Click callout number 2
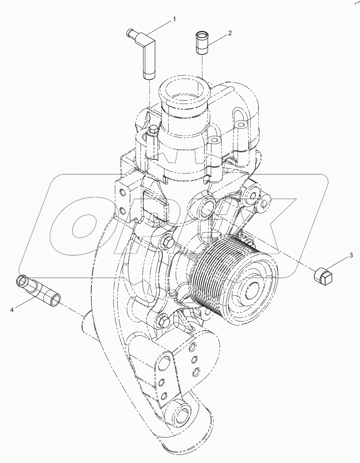point(229,33)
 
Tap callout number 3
point(351,256)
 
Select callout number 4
point(12,309)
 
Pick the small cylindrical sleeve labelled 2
point(202,43)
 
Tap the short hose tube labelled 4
point(38,287)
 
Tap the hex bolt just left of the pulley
point(167,240)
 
